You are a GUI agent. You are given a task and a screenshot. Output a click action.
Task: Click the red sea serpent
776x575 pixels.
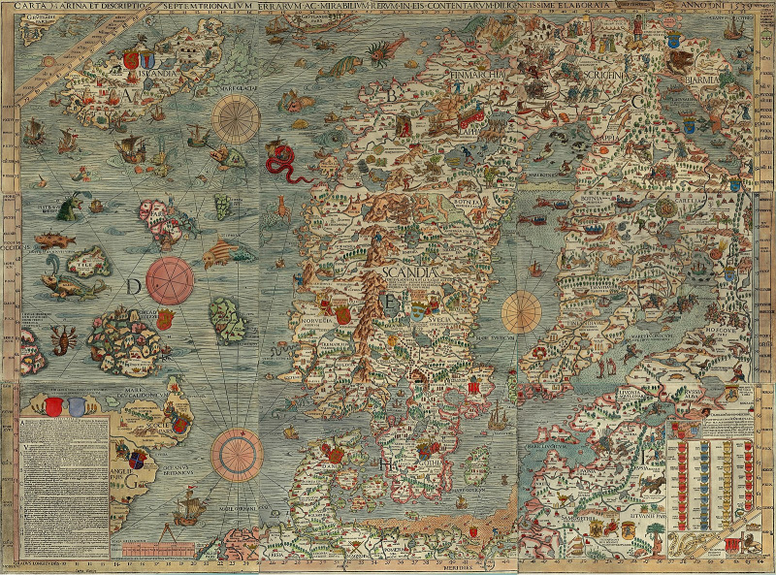284,161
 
